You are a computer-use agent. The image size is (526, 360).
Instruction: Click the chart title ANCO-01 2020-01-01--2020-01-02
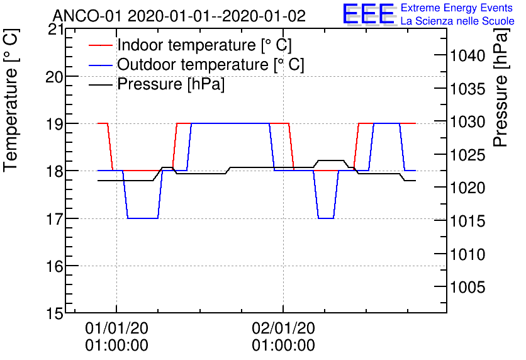(x=179, y=16)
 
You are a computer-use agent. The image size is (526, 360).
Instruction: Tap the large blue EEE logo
(x=368, y=14)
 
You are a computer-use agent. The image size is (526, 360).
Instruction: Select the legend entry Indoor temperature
(x=204, y=45)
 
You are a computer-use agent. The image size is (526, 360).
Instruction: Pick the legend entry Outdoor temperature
(x=211, y=65)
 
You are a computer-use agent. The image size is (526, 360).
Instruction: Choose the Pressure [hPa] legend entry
(x=171, y=84)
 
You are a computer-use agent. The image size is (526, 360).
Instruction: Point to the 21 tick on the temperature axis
(x=55, y=29)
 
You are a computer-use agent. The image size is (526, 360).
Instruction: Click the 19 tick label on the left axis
(x=55, y=123)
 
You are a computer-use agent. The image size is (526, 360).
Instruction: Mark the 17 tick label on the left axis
(x=55, y=218)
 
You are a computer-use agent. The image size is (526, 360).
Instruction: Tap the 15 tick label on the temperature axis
(x=55, y=313)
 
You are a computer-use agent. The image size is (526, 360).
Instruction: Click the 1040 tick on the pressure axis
(x=467, y=57)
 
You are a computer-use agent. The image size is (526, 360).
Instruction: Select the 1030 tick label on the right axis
(x=467, y=122)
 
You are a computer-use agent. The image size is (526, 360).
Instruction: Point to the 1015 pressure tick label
(x=467, y=222)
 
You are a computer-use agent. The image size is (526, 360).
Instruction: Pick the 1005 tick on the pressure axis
(x=467, y=288)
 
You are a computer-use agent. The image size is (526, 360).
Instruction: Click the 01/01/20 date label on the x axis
(x=116, y=329)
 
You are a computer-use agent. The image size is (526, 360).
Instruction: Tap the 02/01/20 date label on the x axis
(x=283, y=329)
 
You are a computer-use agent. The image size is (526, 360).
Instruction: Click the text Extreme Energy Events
(x=457, y=9)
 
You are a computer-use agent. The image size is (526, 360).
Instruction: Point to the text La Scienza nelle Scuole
(x=457, y=21)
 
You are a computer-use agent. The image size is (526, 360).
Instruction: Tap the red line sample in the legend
(x=101, y=45)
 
